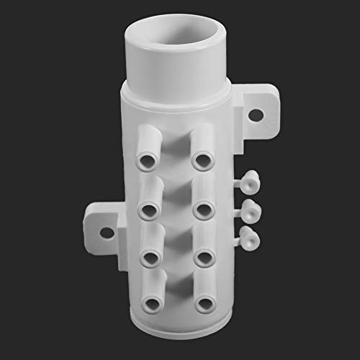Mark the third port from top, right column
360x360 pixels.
point(204,257)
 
